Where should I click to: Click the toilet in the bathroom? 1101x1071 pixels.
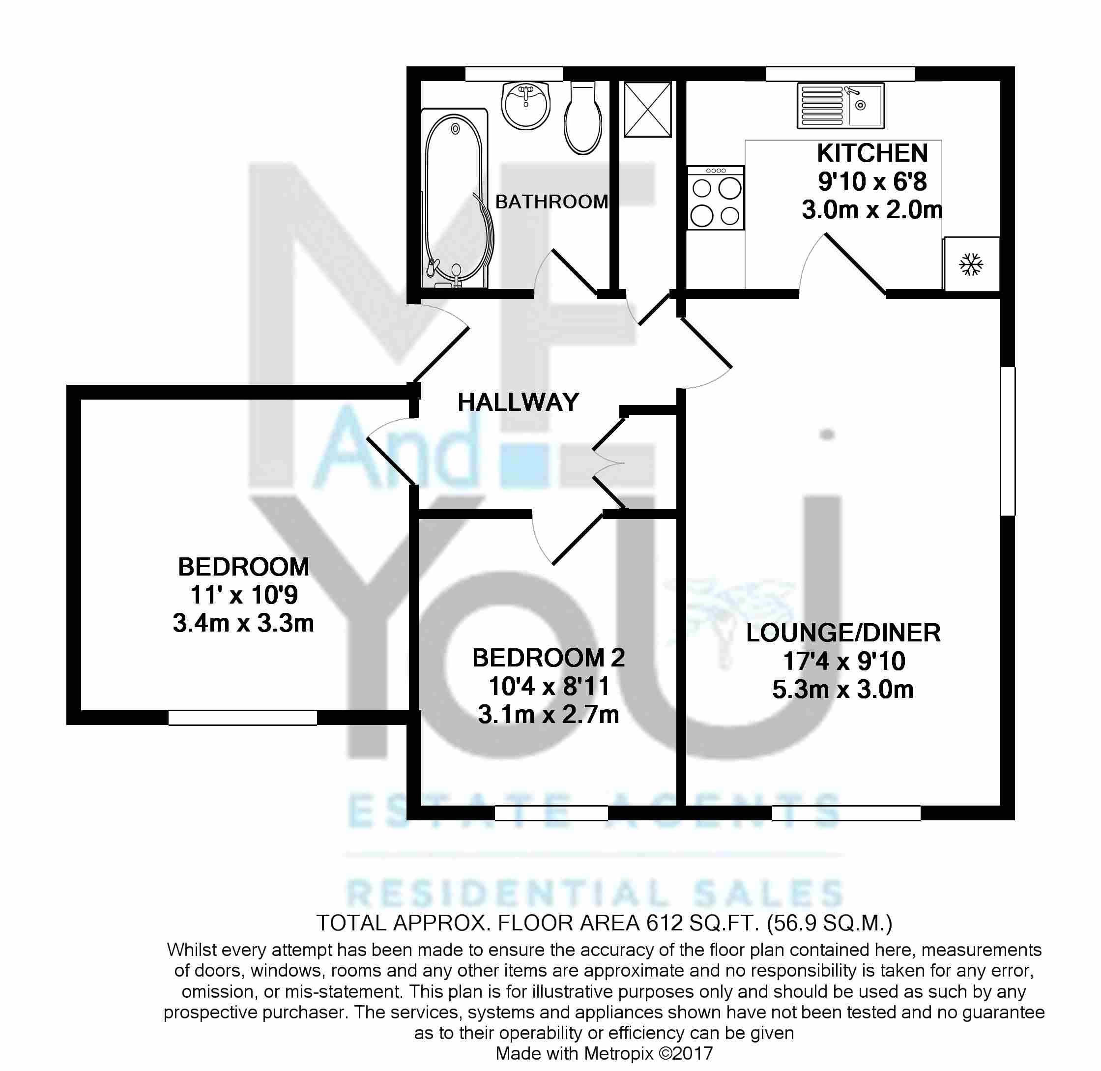[x=583, y=117]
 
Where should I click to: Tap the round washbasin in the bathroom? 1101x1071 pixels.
[x=525, y=105]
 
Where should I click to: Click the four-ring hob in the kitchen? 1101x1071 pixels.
[x=716, y=198]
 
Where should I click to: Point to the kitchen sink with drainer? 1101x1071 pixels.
[x=840, y=105]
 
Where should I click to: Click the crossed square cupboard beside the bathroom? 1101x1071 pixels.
[x=647, y=109]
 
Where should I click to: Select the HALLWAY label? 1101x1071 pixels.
[x=518, y=402]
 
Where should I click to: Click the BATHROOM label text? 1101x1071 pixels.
[x=552, y=202]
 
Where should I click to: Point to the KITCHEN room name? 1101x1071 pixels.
[x=872, y=153]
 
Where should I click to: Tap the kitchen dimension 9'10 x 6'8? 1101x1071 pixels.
[x=872, y=181]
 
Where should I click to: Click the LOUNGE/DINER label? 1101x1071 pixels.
[x=843, y=633]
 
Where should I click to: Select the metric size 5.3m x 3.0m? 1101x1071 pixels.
[x=843, y=689]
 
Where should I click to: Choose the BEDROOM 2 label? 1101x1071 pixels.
[x=549, y=658]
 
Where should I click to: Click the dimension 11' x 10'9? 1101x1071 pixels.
[x=244, y=595]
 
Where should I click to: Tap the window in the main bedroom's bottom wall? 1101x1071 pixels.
[x=242, y=717]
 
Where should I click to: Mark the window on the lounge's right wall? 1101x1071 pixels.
[x=1008, y=441]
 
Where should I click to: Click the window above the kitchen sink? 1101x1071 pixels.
[x=840, y=74]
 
